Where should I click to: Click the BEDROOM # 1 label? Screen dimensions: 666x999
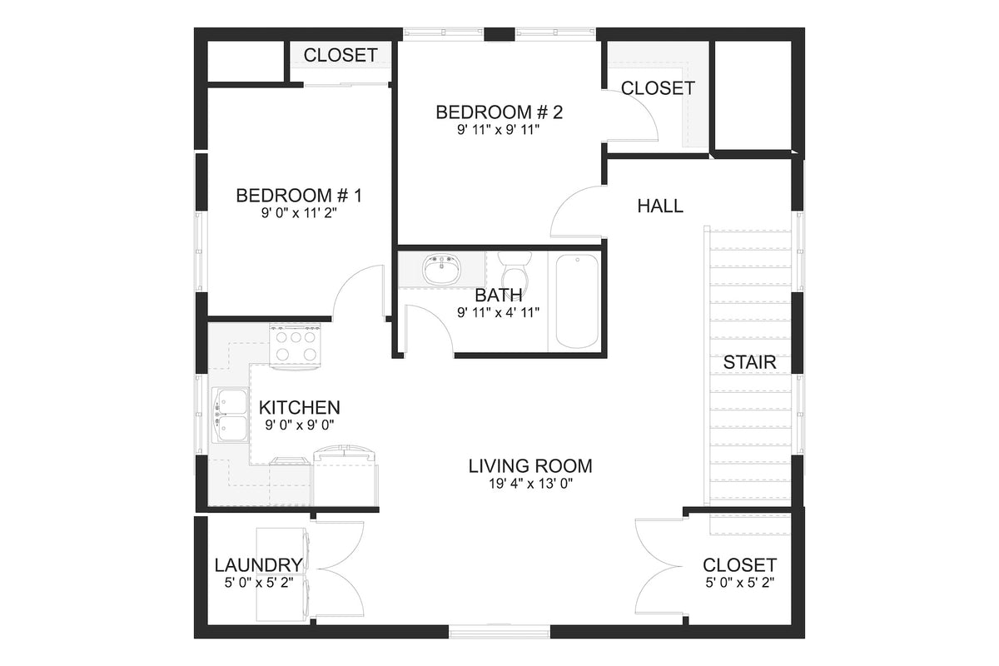(299, 196)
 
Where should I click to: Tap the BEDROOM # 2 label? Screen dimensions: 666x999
(499, 112)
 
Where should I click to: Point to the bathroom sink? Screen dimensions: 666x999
(441, 269)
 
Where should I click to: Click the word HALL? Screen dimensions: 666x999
(660, 206)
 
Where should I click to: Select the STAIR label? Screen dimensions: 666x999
(749, 362)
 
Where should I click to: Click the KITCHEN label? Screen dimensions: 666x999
(299, 408)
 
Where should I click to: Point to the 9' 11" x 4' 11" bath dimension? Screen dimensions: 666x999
(499, 313)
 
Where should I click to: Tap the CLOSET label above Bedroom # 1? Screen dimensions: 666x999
(340, 56)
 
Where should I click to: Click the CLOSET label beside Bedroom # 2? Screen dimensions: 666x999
(658, 87)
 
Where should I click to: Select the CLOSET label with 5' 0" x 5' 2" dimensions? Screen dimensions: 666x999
(739, 565)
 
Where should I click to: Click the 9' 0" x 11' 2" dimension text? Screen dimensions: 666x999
(299, 213)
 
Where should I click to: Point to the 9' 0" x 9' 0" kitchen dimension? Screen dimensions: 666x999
(299, 425)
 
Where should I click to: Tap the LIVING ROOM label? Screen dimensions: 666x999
(530, 465)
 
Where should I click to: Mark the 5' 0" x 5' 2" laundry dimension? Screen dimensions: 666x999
(257, 583)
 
